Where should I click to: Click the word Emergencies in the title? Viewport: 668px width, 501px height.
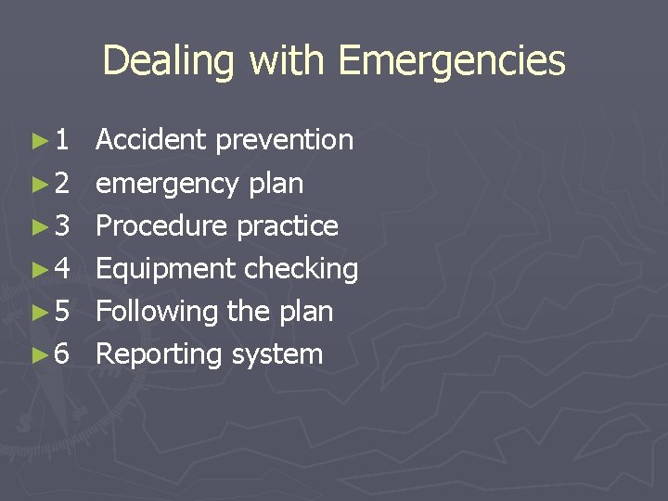point(452,61)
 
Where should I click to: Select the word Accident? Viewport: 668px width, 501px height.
point(152,140)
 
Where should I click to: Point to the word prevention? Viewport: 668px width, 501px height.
point(285,140)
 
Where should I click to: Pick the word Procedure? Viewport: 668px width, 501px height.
point(163,225)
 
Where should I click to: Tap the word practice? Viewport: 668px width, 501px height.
point(289,225)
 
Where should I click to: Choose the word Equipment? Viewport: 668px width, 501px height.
point(166,269)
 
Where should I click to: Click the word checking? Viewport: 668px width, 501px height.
point(302,269)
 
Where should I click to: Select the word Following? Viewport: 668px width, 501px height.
point(156,311)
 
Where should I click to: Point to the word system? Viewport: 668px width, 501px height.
point(277,354)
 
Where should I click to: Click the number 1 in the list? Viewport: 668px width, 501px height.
point(61,141)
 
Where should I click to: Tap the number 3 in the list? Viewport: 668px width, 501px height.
point(61,226)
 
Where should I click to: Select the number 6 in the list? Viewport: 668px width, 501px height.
point(61,354)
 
